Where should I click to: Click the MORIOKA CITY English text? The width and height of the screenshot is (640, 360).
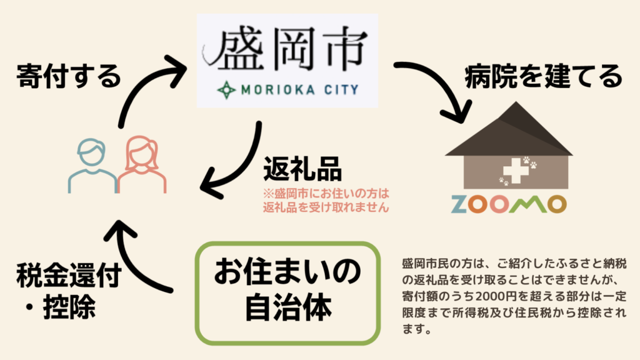[297, 89]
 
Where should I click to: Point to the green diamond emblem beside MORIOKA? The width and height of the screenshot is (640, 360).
[226, 90]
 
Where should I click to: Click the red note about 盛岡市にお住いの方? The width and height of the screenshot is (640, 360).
[326, 199]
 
